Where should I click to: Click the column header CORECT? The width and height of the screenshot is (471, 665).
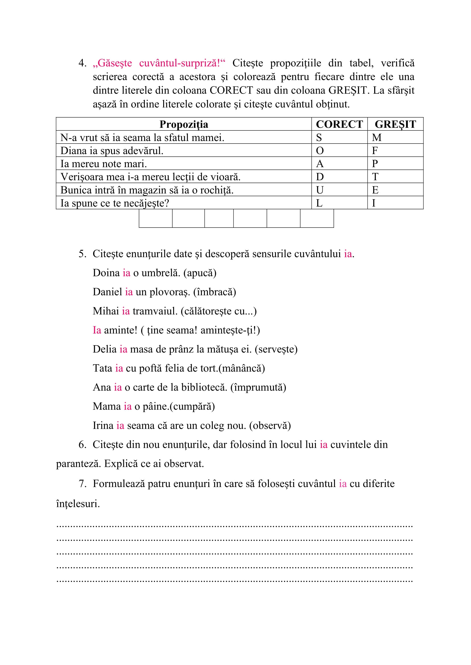[x=339, y=124]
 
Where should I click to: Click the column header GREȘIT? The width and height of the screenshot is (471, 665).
[x=395, y=124]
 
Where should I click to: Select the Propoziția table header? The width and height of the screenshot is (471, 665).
[x=184, y=124]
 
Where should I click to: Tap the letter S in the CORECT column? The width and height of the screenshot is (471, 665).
[x=319, y=138]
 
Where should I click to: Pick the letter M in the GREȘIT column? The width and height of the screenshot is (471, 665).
[x=376, y=138]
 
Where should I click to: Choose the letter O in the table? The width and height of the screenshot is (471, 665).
[x=320, y=151]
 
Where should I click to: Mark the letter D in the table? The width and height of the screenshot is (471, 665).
[x=320, y=177]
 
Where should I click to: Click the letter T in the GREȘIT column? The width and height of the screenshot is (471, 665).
[x=375, y=177]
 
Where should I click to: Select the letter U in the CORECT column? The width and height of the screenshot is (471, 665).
[x=320, y=190]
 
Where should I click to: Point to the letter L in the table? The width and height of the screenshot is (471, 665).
[x=319, y=203]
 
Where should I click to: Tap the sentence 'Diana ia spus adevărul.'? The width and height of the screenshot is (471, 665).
[x=112, y=151]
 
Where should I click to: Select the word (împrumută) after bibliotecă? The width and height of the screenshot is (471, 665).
[x=258, y=387]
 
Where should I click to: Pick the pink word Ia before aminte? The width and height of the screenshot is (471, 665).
[x=97, y=330]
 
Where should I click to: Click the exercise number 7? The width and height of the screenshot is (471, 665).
[x=82, y=484]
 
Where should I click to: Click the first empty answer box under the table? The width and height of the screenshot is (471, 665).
[x=155, y=218]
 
